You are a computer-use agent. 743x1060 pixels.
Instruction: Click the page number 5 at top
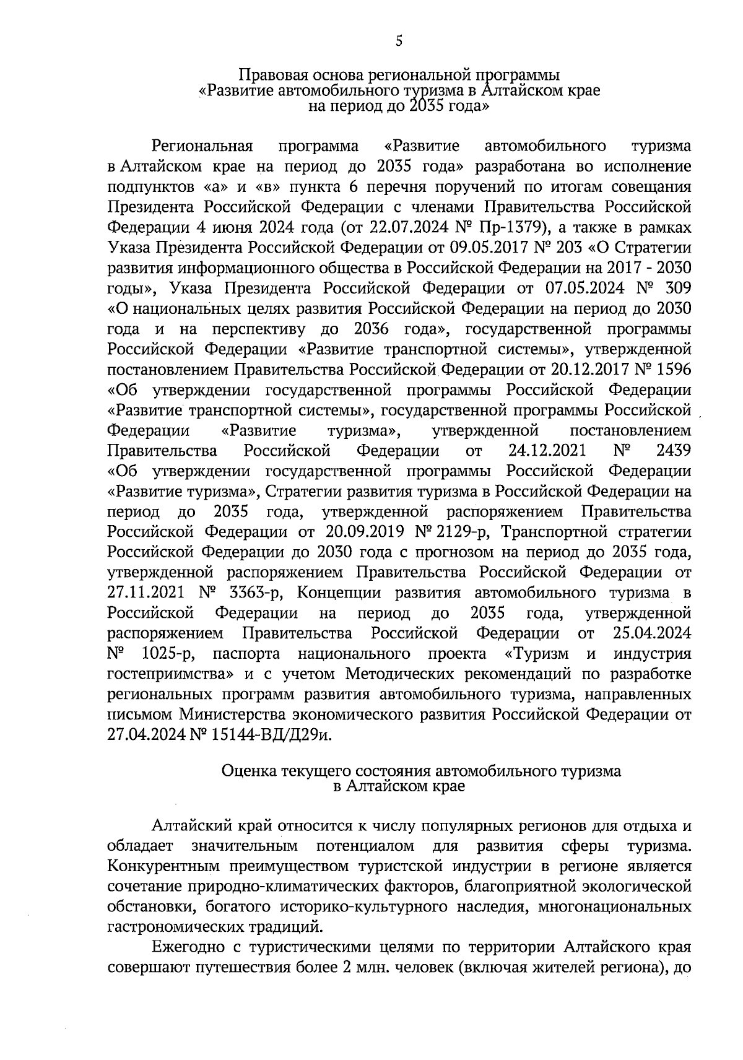pos(398,41)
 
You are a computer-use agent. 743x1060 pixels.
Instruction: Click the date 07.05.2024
pos(585,288)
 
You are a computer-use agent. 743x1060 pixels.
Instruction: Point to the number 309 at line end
pos(678,288)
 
